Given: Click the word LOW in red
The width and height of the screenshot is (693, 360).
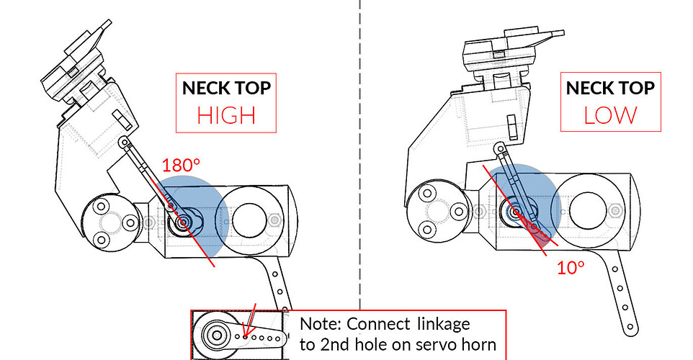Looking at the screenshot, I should (610, 114).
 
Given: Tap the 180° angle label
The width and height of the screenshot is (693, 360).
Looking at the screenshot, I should (180, 165).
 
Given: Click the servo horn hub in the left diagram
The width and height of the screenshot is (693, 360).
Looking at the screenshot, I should (186, 221).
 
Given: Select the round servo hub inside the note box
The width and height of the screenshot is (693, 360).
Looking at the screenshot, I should (214, 334).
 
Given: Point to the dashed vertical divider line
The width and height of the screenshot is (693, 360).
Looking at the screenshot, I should (359, 144).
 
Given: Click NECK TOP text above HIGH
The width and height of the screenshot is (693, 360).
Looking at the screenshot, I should (226, 88).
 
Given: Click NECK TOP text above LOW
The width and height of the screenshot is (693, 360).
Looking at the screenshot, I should (610, 88).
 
